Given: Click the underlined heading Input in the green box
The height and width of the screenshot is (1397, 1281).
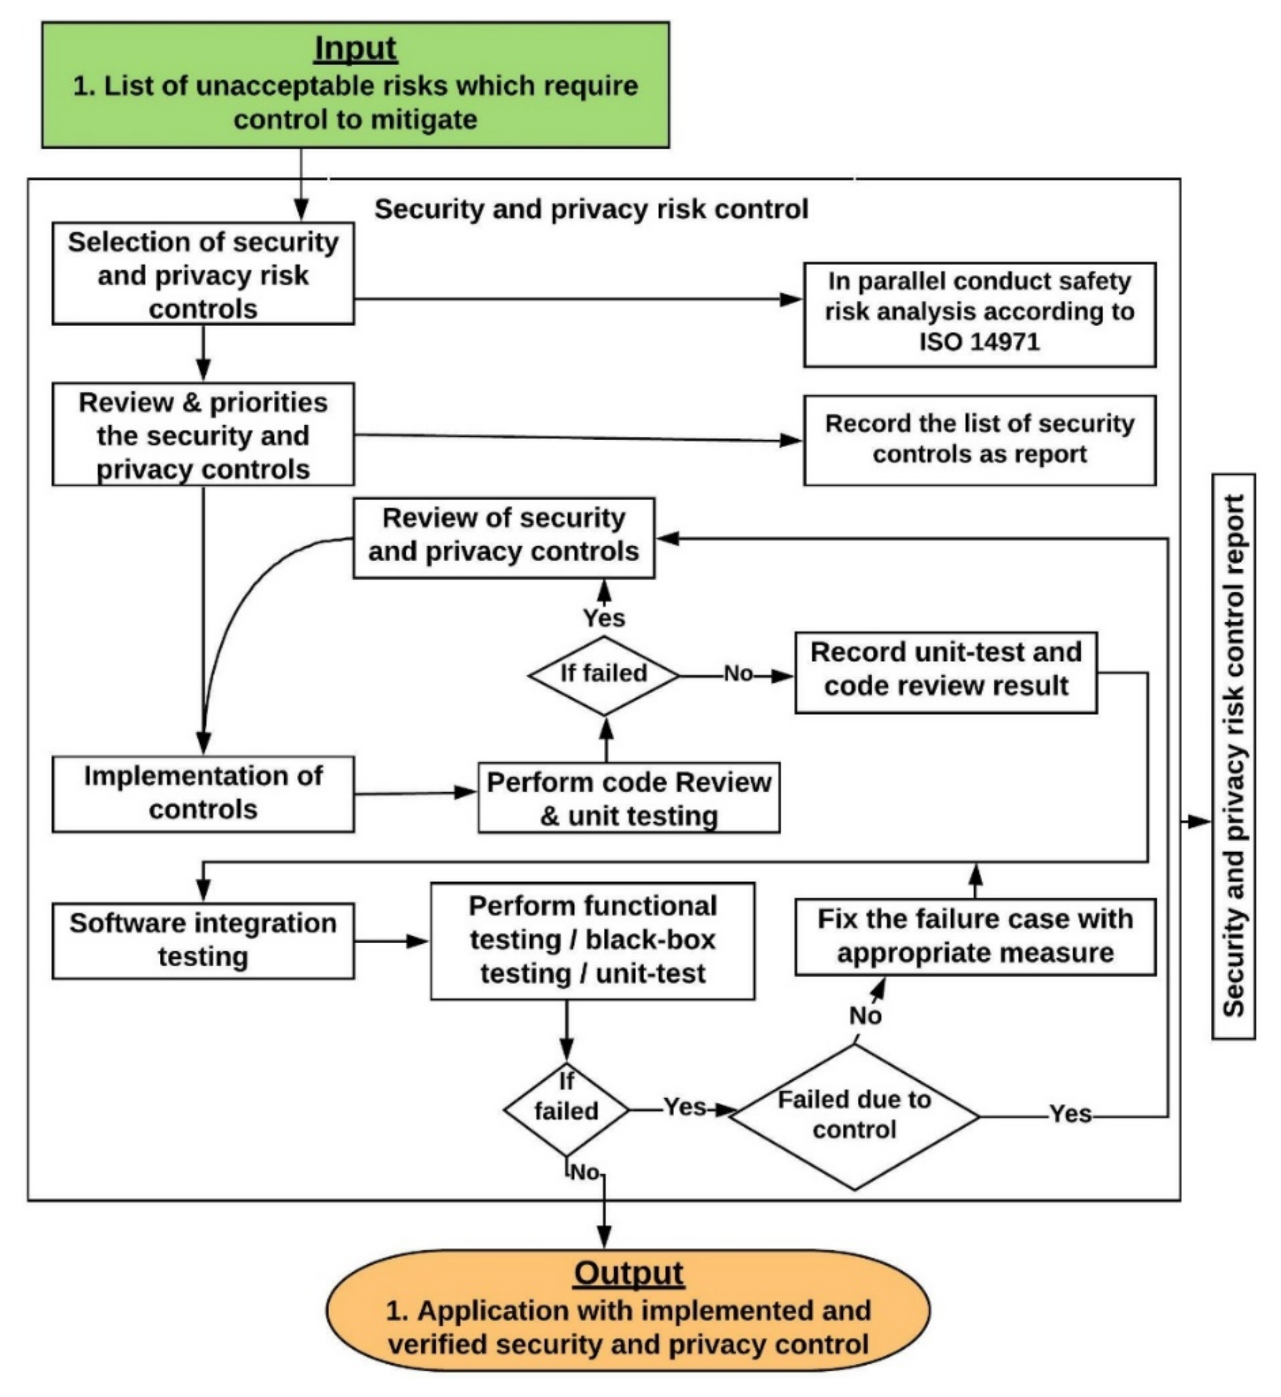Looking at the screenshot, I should tap(355, 48).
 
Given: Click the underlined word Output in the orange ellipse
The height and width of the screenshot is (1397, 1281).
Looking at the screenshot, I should tap(628, 1273).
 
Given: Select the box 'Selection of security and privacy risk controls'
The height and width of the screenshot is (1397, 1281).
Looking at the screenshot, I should tap(203, 274).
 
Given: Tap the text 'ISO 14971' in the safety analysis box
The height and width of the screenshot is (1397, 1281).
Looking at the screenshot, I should tap(979, 342).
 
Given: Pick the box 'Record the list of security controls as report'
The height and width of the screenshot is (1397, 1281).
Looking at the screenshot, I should tap(979, 440).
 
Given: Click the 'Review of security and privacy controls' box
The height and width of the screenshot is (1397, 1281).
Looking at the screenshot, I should tap(503, 537).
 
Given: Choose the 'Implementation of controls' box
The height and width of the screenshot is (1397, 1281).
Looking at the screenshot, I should tap(203, 793).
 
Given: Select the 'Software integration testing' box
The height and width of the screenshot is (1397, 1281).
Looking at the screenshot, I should tap(203, 940).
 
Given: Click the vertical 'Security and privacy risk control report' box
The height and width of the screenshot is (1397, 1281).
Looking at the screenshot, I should tap(1233, 756).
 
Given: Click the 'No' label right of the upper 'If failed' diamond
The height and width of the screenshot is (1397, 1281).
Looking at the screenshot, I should tap(738, 674).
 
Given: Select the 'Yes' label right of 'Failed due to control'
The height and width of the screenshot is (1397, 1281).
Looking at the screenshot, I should tap(1070, 1114).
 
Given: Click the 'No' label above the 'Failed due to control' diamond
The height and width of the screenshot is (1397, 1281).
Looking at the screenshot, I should tap(865, 1016).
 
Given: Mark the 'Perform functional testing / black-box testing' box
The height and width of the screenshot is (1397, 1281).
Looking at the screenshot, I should tap(592, 940).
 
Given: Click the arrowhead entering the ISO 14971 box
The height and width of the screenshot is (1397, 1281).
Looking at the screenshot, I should tap(792, 299).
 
